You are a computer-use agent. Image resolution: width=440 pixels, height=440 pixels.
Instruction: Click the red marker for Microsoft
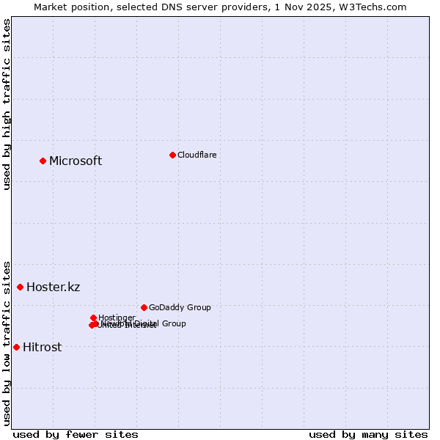click(x=43, y=161)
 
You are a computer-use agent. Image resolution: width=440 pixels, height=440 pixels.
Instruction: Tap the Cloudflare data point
click(x=172, y=155)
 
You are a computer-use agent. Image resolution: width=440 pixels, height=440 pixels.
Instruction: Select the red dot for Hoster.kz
click(x=20, y=287)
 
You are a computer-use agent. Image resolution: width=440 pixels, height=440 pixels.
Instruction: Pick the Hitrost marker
click(x=16, y=347)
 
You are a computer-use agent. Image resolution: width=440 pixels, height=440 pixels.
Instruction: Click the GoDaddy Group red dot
click(x=144, y=307)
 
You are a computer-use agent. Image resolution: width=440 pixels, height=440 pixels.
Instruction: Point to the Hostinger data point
click(x=93, y=318)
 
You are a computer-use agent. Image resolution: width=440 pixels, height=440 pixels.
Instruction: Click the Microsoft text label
click(x=76, y=161)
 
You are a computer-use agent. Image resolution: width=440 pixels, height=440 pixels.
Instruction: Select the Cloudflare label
click(x=197, y=155)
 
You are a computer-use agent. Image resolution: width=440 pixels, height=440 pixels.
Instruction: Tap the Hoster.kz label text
click(x=53, y=287)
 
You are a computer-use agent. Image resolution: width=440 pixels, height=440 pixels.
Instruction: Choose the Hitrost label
click(x=42, y=348)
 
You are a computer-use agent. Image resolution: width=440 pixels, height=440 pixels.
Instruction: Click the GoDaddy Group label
click(x=180, y=307)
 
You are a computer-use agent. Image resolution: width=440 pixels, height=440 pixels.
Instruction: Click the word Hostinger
click(x=117, y=318)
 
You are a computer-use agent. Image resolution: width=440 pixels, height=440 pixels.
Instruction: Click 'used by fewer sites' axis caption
click(x=76, y=434)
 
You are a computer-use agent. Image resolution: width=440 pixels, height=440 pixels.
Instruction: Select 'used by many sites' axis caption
click(x=368, y=434)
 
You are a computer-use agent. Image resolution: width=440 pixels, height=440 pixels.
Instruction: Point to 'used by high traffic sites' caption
click(x=7, y=105)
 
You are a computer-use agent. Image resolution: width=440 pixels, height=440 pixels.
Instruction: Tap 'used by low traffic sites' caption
click(x=7, y=342)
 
